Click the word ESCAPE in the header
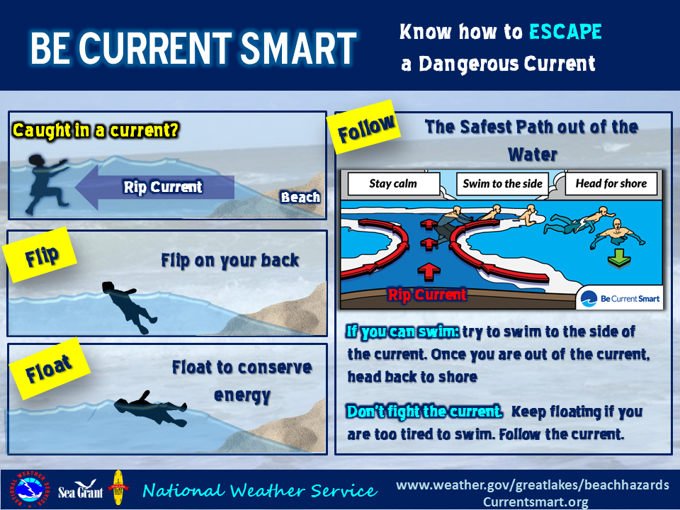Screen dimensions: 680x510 (565, 32)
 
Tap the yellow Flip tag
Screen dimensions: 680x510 (40, 256)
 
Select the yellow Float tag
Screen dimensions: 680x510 (49, 368)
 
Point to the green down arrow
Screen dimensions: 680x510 (619, 259)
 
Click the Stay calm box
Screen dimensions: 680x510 (393, 184)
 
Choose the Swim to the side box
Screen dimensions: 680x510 (502, 184)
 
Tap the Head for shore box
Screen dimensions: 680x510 (611, 184)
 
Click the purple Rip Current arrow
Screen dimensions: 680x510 (155, 187)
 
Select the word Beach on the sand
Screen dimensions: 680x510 (300, 198)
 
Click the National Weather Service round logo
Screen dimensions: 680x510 (29, 489)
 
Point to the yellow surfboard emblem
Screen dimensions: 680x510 (118, 488)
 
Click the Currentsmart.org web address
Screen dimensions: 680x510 (535, 501)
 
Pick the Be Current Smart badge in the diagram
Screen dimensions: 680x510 (620, 298)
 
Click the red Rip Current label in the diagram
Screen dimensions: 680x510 (427, 295)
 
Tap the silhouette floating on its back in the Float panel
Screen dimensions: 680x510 (150, 409)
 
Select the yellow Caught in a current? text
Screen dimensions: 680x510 (96, 130)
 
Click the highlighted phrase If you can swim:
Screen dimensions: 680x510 (402, 331)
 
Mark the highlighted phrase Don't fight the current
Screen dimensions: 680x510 (424, 411)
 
